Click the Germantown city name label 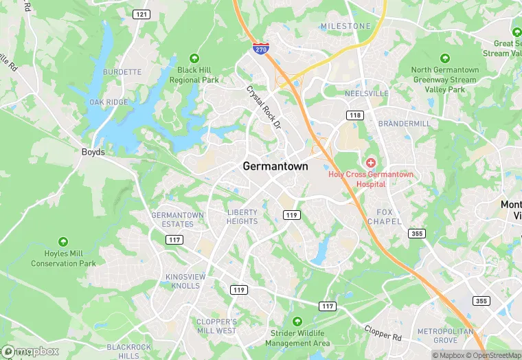tap(275, 166)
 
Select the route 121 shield tap(141, 14)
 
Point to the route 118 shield tap(354, 115)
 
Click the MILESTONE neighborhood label tap(345, 26)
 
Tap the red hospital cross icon tap(371, 162)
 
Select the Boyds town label tap(93, 152)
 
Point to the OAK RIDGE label tap(109, 102)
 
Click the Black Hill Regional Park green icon tap(194, 58)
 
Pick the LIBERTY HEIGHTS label tap(242, 217)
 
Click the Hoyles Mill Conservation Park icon tap(63, 241)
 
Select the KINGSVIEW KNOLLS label tap(185, 281)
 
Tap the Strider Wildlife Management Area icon tap(297, 321)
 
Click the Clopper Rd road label tap(382, 335)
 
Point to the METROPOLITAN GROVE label tap(446, 335)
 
